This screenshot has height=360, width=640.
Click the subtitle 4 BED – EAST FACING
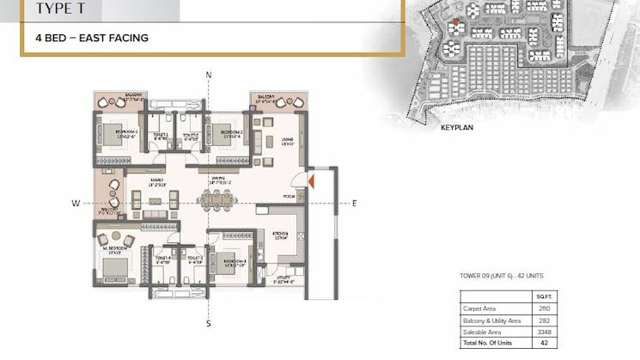point(92,38)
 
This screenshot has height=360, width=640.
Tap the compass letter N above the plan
point(209,76)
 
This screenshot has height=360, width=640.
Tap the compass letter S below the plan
point(209,323)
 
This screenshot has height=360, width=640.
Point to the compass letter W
point(76,204)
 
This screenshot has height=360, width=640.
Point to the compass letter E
point(353,204)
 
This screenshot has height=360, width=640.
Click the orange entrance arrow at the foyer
point(314,180)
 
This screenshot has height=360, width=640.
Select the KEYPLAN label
point(459,125)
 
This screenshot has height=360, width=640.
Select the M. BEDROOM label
point(114,248)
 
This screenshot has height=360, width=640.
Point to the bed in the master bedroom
point(113,270)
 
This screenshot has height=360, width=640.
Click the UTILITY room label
point(284,277)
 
